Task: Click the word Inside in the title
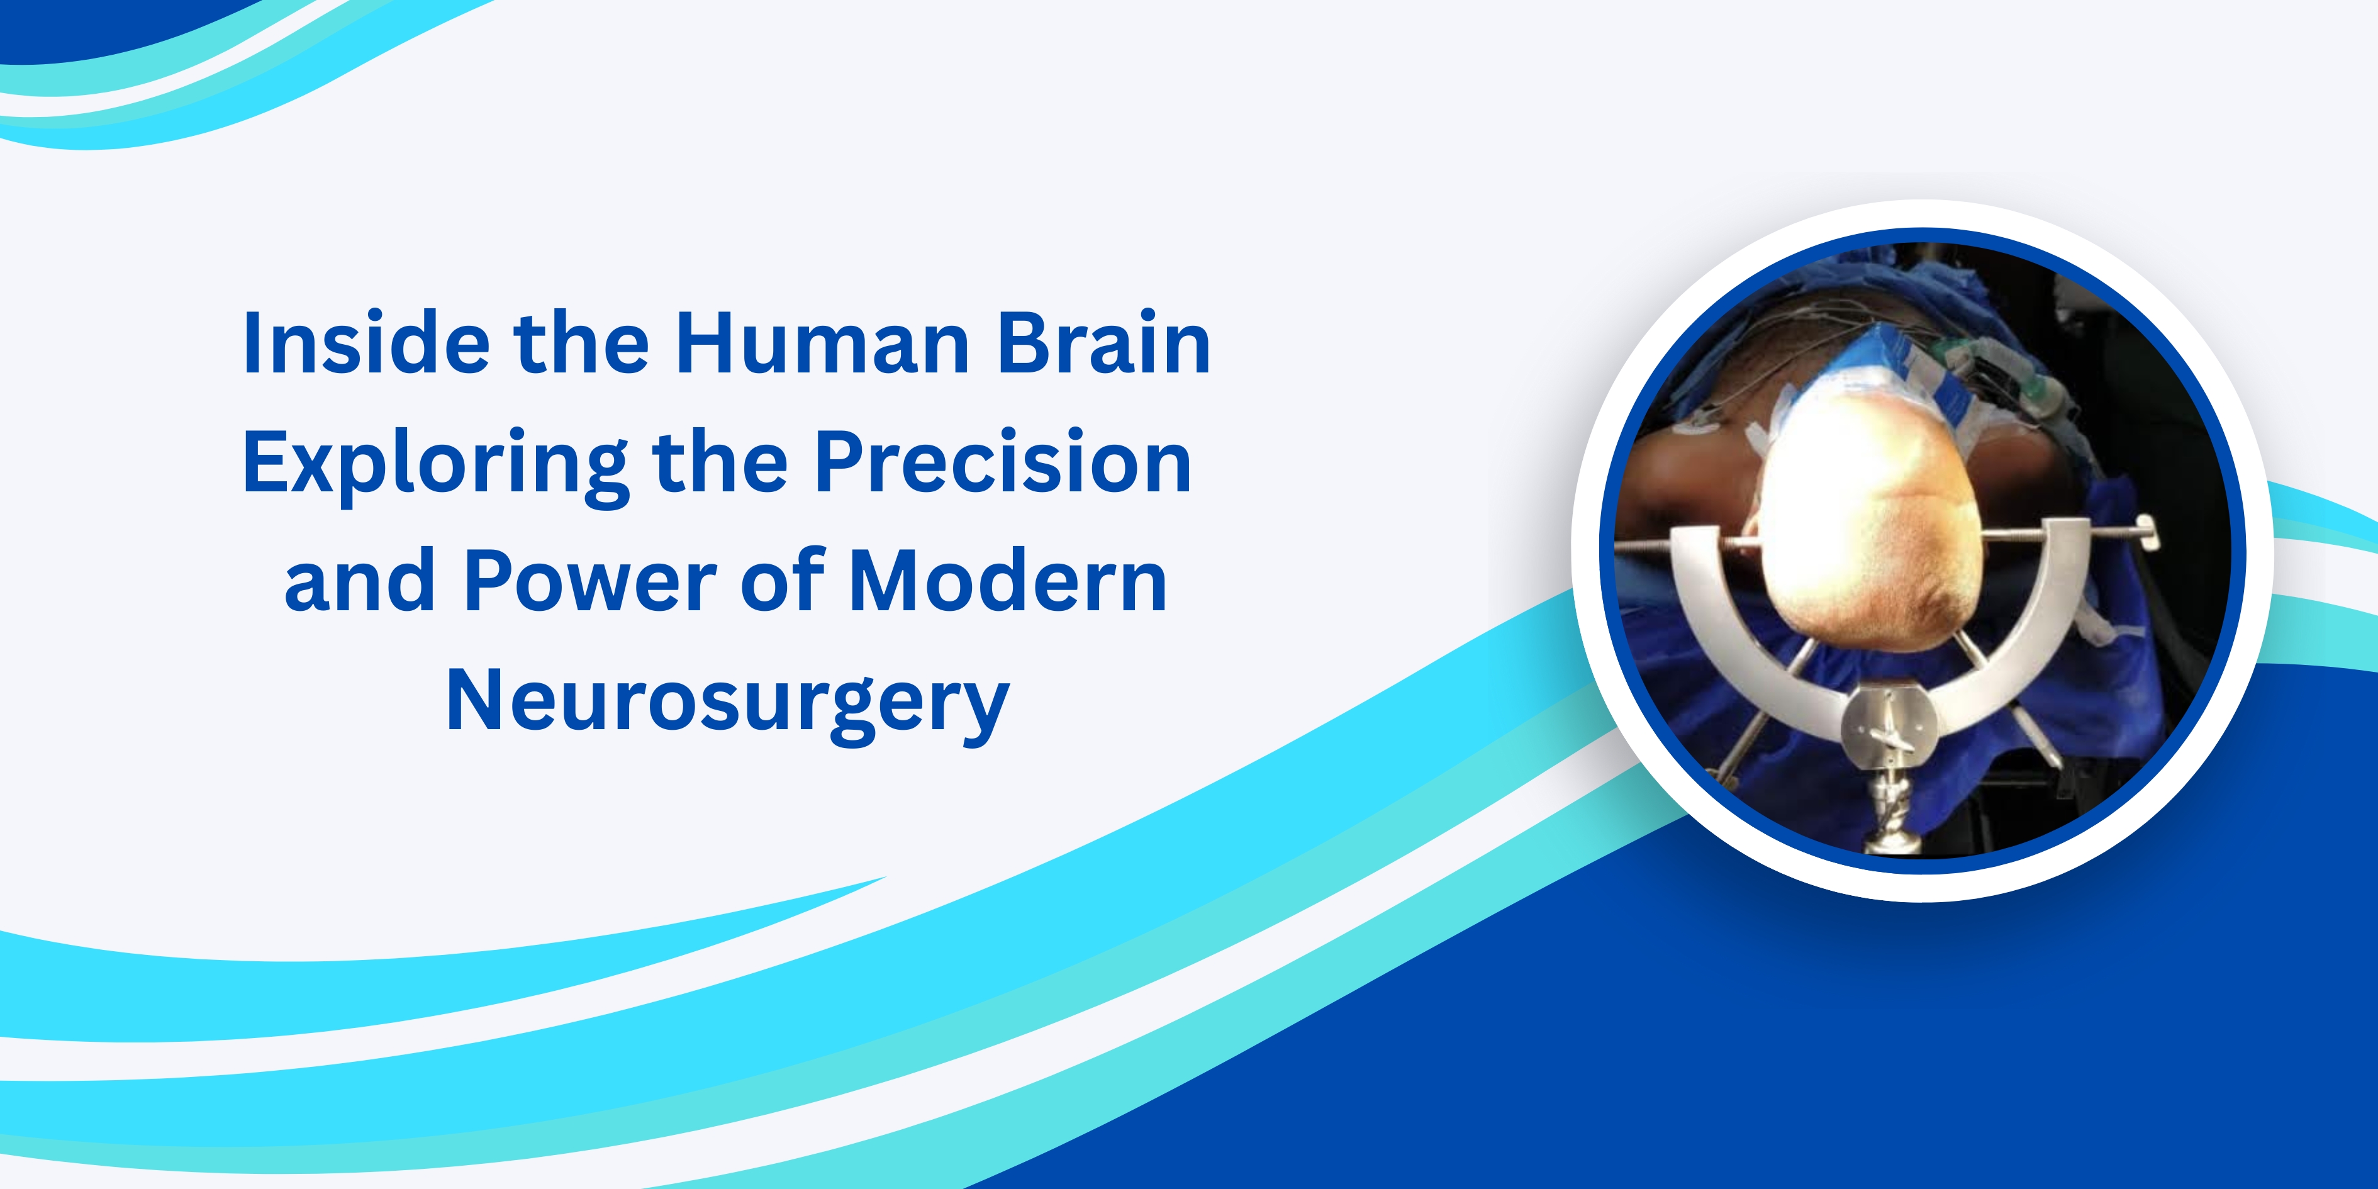(x=366, y=343)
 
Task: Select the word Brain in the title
(x=1104, y=343)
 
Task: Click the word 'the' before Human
(x=581, y=343)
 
